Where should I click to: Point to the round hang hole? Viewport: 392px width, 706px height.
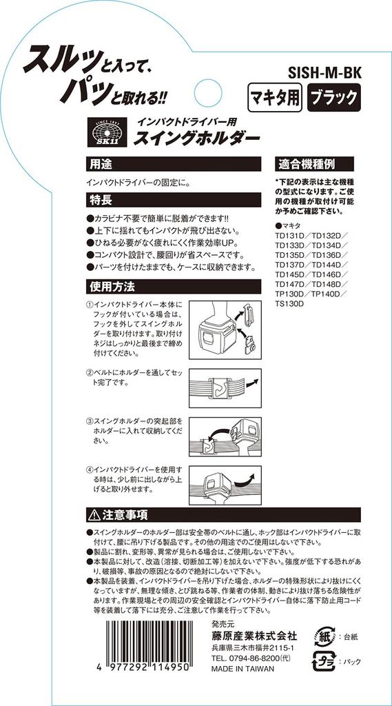coord(207,93)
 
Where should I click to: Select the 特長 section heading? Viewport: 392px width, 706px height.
coord(98,200)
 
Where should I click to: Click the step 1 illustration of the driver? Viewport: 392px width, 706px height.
coord(224,330)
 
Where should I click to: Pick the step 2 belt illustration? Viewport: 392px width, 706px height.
coord(224,387)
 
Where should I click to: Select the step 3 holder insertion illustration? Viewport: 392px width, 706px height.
coord(224,438)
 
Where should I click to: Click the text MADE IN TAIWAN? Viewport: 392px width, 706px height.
coord(246,668)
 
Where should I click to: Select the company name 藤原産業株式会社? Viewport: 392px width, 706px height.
coord(254,636)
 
